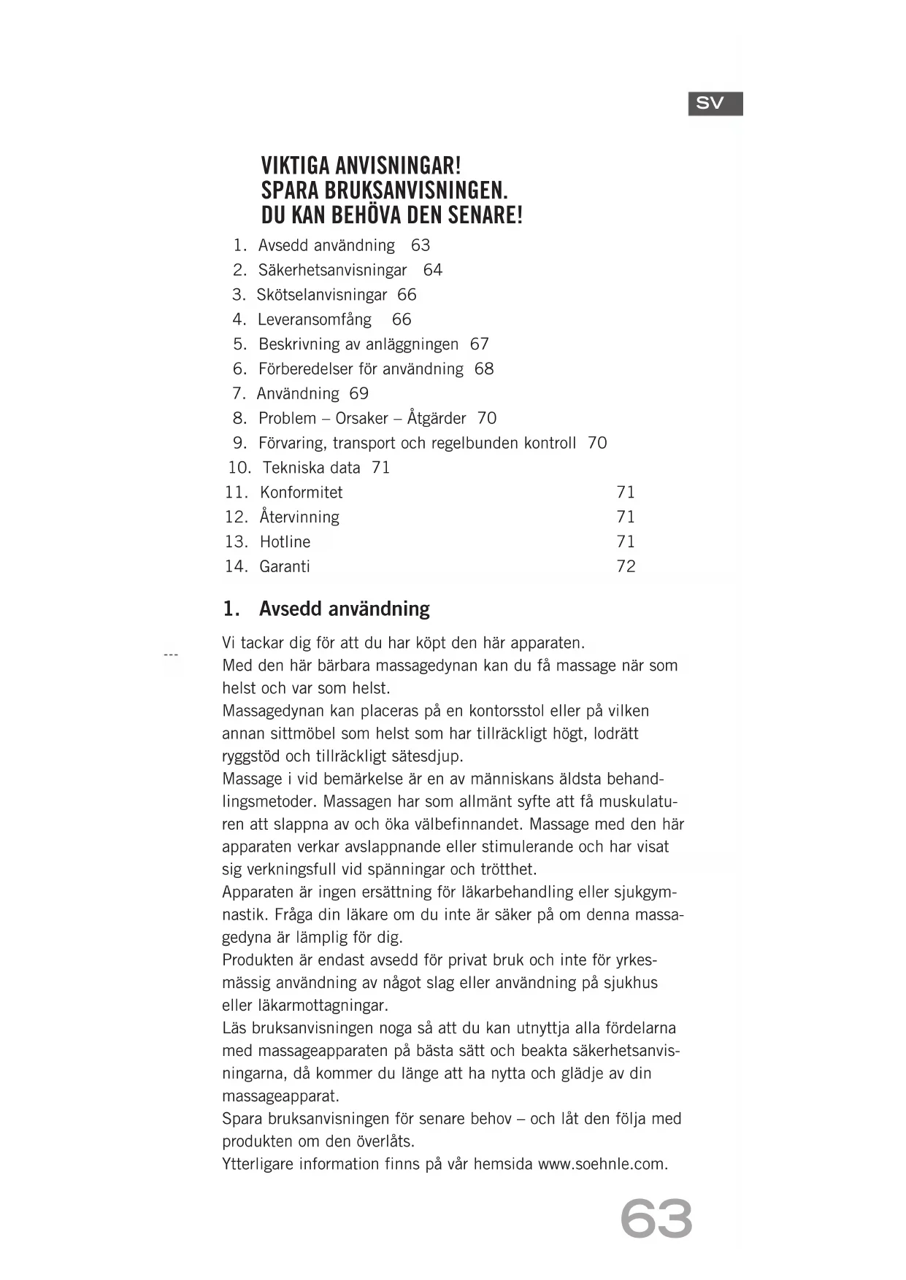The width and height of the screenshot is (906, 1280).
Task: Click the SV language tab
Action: (x=715, y=104)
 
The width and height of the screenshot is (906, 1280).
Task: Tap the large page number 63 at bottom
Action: (x=656, y=1219)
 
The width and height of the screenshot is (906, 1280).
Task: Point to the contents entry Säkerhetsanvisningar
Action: (x=332, y=270)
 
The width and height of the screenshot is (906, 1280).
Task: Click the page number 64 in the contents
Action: (x=433, y=270)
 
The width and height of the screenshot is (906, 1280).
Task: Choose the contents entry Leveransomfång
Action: (x=314, y=320)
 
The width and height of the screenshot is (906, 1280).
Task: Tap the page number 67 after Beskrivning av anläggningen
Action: (x=480, y=344)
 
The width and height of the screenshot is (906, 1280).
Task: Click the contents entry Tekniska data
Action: (x=311, y=468)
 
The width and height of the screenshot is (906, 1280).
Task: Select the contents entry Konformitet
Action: (x=301, y=493)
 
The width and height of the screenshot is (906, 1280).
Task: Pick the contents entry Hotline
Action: (x=285, y=542)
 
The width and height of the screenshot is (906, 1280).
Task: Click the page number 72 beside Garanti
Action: (x=626, y=567)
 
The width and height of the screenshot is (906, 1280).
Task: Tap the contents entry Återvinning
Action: (x=299, y=517)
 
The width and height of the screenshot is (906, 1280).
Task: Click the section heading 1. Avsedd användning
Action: (x=326, y=609)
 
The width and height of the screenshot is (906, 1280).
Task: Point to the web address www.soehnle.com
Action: (x=602, y=1164)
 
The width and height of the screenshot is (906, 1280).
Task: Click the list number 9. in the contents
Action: (x=240, y=443)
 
